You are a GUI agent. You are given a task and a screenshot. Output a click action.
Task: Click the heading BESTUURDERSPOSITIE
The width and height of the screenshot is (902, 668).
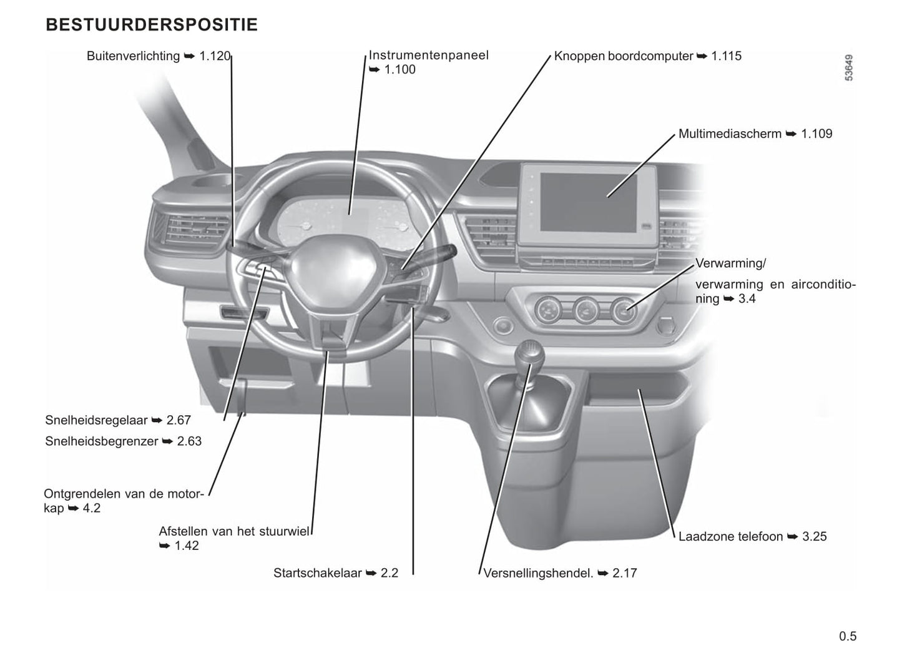click(x=152, y=25)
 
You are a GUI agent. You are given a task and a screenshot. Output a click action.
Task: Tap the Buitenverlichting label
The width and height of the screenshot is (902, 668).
click(x=133, y=56)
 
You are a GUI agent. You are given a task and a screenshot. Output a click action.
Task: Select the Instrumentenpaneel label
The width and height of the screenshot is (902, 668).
click(x=428, y=55)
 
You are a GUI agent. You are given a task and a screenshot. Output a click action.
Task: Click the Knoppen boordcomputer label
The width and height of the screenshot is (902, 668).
click(x=623, y=56)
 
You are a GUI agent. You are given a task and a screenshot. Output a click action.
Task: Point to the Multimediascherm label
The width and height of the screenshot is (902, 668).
click(x=730, y=134)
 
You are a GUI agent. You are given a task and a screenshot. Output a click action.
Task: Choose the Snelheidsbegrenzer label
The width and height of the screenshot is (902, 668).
click(x=101, y=441)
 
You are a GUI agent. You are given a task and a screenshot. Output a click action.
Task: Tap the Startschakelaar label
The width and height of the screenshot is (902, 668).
click(x=317, y=573)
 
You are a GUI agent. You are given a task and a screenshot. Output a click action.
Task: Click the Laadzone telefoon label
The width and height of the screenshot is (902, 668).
click(x=730, y=536)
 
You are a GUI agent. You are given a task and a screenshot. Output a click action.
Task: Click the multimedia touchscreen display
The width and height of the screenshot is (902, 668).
click(x=590, y=201)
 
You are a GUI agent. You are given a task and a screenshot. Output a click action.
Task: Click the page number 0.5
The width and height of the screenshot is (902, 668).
click(x=848, y=636)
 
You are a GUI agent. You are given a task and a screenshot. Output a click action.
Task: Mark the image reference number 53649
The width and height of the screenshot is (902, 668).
click(x=848, y=67)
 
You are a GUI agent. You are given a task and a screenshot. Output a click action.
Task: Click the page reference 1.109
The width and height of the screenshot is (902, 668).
click(x=816, y=134)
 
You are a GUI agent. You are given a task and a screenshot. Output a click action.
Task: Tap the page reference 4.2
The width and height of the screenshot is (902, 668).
click(x=91, y=508)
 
